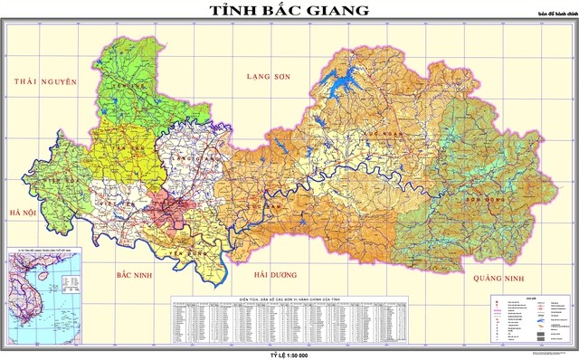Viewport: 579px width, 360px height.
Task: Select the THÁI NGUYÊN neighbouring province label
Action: (x=43, y=81)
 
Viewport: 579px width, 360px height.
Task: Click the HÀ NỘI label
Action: (x=21, y=213)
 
